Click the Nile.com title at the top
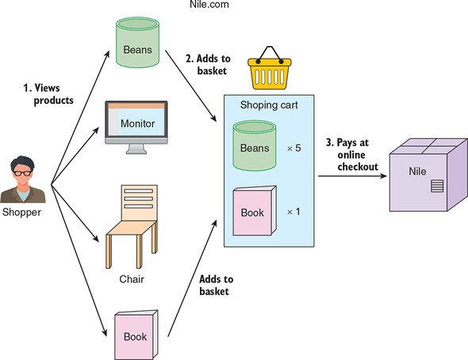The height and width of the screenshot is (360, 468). pos(209,4)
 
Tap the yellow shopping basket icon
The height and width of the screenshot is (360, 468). pos(270,68)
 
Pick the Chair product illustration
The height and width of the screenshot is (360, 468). pos(132,226)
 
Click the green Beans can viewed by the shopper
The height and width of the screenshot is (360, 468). pos(137,42)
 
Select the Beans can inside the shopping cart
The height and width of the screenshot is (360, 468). pos(255,145)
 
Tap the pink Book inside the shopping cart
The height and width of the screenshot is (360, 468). pos(255,211)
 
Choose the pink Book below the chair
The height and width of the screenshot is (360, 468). pos(136,335)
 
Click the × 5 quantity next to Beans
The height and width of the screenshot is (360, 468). pos(294,148)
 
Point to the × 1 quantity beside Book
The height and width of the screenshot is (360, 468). pos(293,212)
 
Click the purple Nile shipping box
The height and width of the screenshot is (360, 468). pos(428,174)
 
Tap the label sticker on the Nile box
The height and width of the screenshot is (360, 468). pos(437,186)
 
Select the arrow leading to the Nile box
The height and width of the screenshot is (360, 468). pos(352,176)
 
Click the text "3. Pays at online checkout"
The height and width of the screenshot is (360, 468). pos(352,155)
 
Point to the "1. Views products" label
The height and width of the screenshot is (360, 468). pos(48,94)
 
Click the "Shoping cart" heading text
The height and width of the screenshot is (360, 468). pos(269,105)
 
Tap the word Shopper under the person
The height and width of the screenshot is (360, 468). pos(21,212)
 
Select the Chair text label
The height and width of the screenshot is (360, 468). pos(132,279)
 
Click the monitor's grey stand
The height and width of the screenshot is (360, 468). pos(136,149)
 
